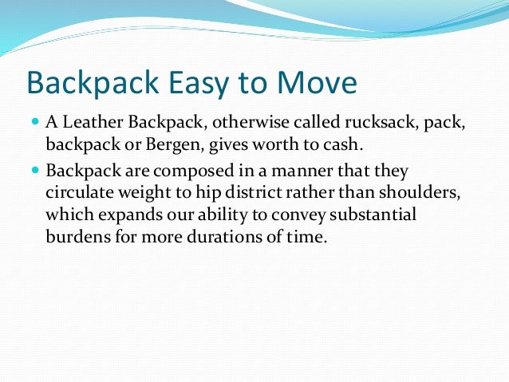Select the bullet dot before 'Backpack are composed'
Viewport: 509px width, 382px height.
click(x=36, y=171)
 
